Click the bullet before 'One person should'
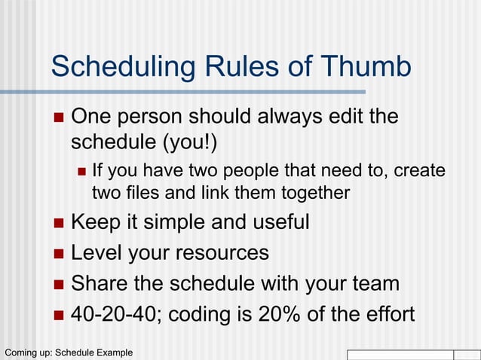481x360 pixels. [x=59, y=118]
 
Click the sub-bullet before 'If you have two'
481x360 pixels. [x=82, y=171]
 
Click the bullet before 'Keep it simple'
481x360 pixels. [x=59, y=224]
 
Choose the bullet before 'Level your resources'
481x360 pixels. [x=59, y=254]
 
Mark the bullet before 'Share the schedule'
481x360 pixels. [x=59, y=284]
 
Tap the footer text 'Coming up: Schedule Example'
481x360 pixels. [x=69, y=352]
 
